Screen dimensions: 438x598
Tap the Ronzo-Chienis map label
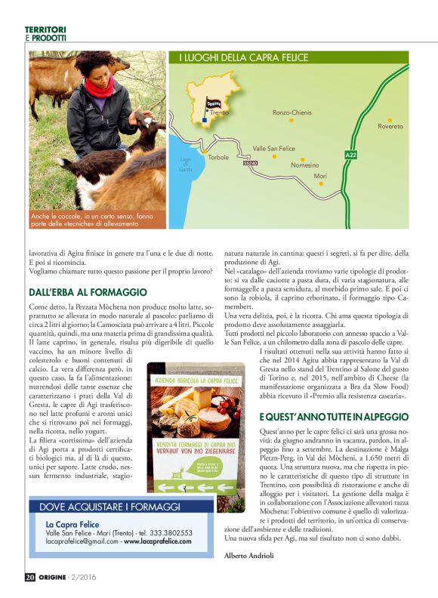(x=292, y=113)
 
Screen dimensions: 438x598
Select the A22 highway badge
(x=350, y=156)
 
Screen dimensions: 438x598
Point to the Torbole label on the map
(x=218, y=157)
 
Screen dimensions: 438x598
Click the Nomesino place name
(x=305, y=165)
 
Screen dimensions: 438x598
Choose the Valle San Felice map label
(x=273, y=149)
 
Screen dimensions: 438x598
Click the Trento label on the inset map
(x=219, y=113)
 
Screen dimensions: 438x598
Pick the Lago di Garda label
(x=186, y=165)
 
